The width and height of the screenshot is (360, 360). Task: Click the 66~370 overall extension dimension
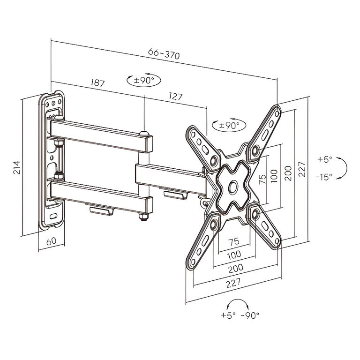click(164, 54)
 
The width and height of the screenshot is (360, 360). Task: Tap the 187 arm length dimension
click(97, 82)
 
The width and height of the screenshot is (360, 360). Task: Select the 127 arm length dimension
click(175, 97)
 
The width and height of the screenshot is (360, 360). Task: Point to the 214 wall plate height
click(17, 168)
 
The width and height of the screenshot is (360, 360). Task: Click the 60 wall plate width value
click(52, 241)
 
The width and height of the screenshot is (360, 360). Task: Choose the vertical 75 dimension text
click(262, 179)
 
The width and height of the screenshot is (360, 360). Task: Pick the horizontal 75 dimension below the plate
click(234, 241)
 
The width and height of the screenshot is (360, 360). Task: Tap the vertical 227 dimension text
click(302, 169)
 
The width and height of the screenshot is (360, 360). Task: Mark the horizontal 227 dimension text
click(233, 283)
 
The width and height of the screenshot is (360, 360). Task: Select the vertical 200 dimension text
click(289, 173)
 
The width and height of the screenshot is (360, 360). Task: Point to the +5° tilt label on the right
click(325, 159)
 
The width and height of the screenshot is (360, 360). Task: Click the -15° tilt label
click(324, 177)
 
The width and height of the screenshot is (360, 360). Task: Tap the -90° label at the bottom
click(250, 315)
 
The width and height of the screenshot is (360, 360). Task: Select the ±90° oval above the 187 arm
click(144, 80)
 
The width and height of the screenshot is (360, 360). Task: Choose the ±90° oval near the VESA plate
click(229, 125)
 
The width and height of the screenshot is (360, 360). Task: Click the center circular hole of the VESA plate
click(233, 186)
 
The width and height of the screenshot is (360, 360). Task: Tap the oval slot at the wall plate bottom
click(53, 216)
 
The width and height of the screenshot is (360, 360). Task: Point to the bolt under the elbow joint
click(144, 217)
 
